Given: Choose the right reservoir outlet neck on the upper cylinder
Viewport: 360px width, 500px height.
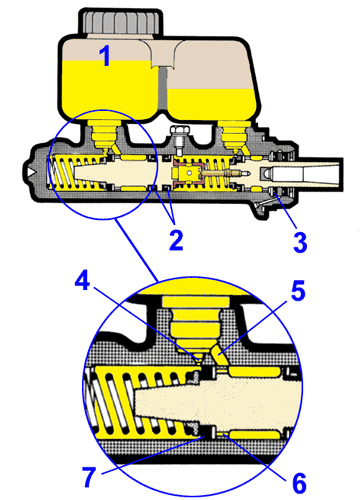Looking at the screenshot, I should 233,135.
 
